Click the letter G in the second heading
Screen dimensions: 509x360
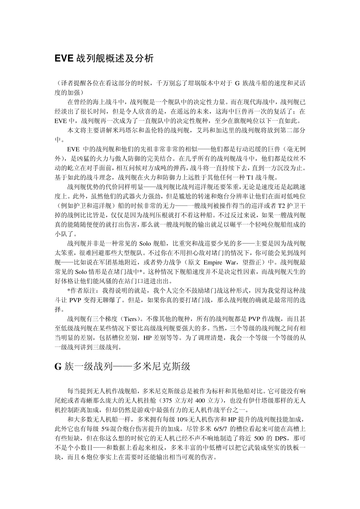click(58, 367)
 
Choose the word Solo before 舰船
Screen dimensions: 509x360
click(146, 244)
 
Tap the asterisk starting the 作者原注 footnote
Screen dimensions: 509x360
click(69, 291)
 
